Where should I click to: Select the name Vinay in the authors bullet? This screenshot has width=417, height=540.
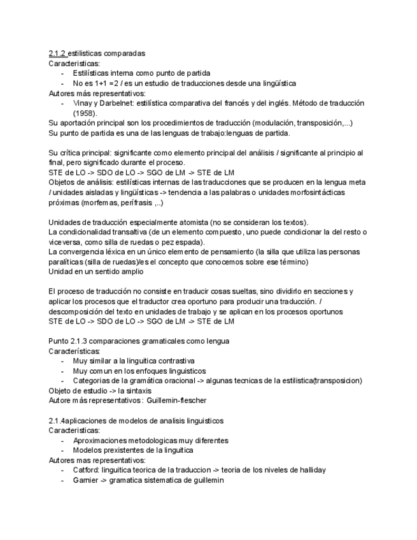click(x=83, y=103)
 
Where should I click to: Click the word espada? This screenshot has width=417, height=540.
click(x=190, y=242)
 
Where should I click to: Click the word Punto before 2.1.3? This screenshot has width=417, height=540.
click(x=59, y=341)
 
